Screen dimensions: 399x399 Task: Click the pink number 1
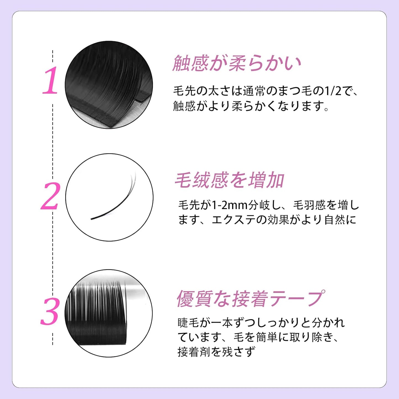coord(51,81)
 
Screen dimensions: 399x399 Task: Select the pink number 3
coord(50,311)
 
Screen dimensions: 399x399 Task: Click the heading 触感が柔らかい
coord(237,64)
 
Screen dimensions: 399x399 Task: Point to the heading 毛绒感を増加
coord(229,180)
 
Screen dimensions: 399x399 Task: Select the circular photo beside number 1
coord(109,84)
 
